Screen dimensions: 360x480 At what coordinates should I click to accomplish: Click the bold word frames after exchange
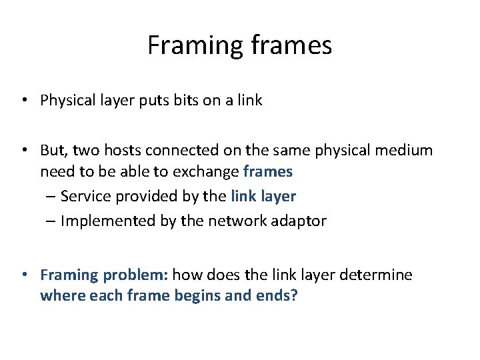click(268, 172)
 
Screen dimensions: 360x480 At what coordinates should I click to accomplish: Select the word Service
click(85, 197)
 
